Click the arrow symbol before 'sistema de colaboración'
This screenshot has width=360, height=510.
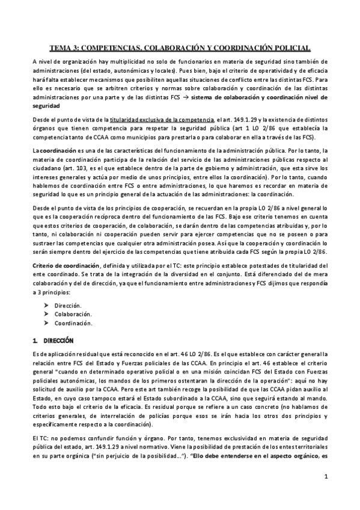coord(189,96)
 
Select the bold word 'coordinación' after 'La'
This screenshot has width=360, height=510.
coord(59,149)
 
